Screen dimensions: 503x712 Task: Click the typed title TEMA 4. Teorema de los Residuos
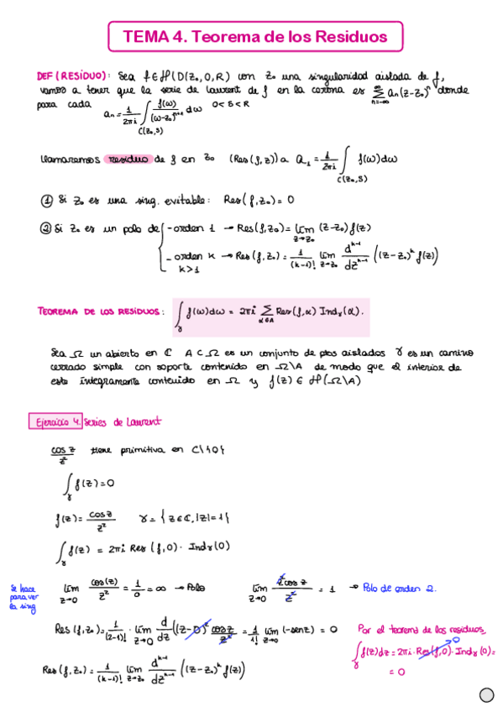point(254,36)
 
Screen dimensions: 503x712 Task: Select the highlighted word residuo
point(127,159)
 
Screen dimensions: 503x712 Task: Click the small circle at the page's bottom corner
point(485,694)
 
